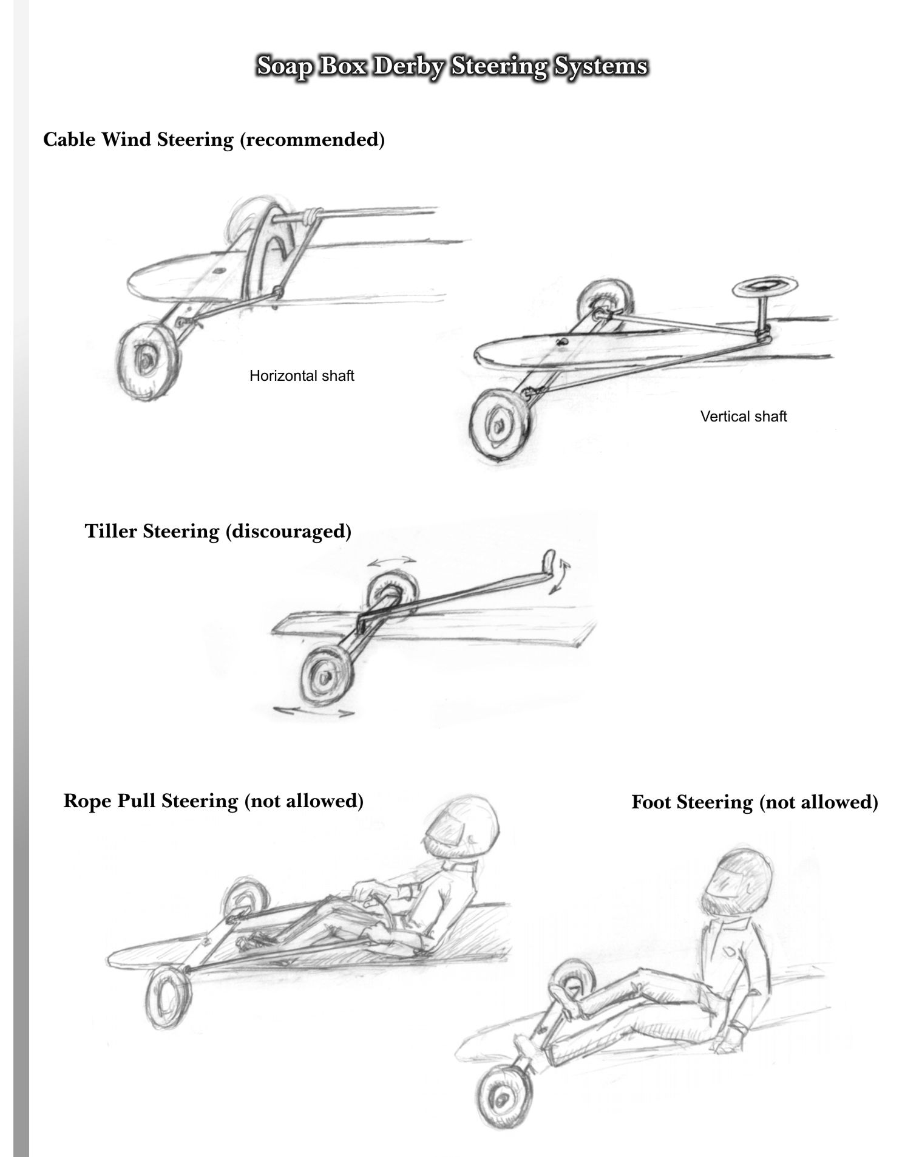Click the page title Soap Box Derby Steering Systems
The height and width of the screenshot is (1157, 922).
[x=452, y=66]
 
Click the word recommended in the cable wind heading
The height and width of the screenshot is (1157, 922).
[x=312, y=140]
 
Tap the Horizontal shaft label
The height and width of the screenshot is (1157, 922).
[x=302, y=376]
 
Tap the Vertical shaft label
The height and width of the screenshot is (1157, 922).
[x=744, y=417]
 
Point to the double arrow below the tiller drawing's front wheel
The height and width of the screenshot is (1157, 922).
[x=314, y=711]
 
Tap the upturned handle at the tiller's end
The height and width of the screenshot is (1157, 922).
[x=548, y=561]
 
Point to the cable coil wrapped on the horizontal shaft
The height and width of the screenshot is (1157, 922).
[x=311, y=215]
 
